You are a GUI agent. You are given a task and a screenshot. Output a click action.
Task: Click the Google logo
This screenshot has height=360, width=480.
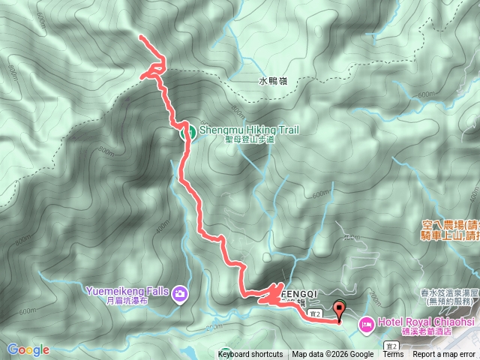click(28, 349)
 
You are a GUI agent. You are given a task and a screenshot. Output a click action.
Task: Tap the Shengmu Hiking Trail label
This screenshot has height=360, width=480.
click(248, 130)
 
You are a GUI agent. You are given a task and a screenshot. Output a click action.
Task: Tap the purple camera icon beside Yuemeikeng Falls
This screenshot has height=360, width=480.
click(179, 293)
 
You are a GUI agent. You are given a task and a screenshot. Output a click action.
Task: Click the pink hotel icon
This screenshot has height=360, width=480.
click(366, 323)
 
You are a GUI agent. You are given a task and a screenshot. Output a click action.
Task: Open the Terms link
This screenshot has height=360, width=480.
click(393, 355)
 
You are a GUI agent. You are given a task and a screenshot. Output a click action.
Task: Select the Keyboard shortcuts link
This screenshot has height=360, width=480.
click(250, 355)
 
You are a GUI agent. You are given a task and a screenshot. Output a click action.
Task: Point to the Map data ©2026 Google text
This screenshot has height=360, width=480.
click(333, 355)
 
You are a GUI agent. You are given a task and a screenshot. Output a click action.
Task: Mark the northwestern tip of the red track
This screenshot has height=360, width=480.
click(141, 36)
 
